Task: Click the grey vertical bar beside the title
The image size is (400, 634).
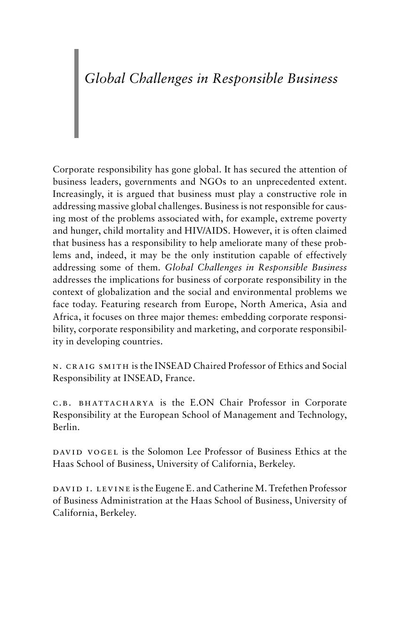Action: [76, 93]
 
